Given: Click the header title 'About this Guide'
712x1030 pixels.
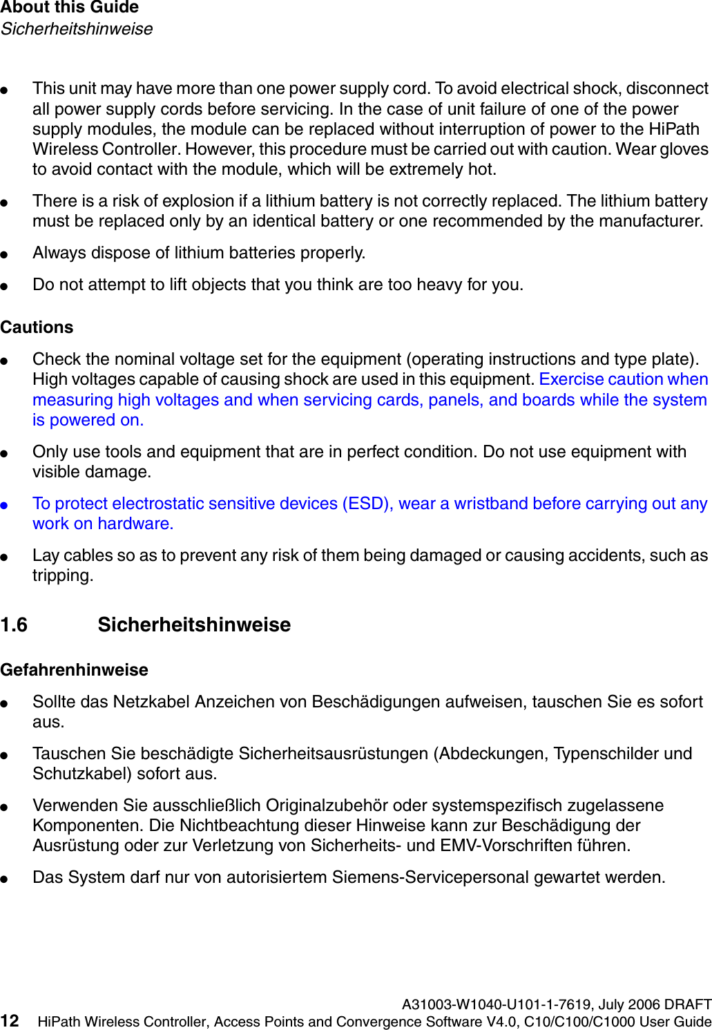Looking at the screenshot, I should [70, 8].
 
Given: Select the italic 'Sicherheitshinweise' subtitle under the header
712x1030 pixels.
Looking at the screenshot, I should [77, 29].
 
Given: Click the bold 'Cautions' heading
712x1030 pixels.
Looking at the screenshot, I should [37, 327].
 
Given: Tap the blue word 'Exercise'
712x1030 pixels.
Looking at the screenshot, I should [571, 379].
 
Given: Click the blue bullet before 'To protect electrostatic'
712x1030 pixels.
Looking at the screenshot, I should [4, 505].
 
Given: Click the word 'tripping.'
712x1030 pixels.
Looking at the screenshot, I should [62, 575].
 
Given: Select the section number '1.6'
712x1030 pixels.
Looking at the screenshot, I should [14, 625].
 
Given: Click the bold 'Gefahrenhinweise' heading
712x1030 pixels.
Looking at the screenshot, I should [74, 670].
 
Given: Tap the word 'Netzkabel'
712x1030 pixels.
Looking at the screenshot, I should [151, 702].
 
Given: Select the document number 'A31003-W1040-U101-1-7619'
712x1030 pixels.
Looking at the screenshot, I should [497, 1004].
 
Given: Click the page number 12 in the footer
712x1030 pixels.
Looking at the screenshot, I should [10, 1021].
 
